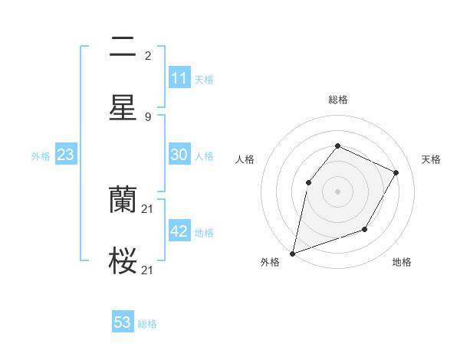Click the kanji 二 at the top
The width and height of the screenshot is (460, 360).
click(123, 48)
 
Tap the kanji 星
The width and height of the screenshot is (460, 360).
click(123, 108)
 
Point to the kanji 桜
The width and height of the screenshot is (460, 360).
click(123, 261)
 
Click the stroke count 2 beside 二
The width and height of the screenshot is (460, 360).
click(147, 55)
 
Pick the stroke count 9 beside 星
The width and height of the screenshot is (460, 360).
click(147, 116)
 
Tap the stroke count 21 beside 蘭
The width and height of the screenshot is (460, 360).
click(149, 208)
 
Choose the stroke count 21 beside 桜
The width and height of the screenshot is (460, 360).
click(149, 270)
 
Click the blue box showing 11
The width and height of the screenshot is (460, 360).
click(179, 78)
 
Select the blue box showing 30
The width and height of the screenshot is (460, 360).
click(179, 155)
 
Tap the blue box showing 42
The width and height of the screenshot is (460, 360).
click(179, 231)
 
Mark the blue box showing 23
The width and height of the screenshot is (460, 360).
click(65, 155)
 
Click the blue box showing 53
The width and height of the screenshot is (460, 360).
click(123, 322)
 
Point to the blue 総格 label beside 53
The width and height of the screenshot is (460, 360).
click(147, 324)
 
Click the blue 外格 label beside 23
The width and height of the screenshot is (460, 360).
click(41, 156)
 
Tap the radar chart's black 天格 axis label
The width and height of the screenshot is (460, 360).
click(431, 159)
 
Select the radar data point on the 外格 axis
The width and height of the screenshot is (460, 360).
click(292, 253)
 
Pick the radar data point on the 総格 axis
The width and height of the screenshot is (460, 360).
click(337, 146)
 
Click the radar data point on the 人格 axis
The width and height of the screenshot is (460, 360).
click(308, 182)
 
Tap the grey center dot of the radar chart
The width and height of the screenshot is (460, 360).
click(337, 191)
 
